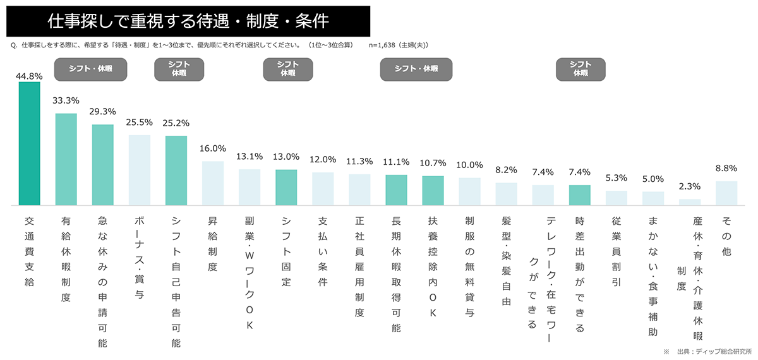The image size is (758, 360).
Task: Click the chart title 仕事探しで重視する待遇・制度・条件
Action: (x=188, y=21)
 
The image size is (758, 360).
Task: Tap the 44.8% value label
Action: (x=30, y=76)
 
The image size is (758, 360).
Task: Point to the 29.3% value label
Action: (x=103, y=111)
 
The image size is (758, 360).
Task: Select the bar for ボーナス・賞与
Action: (x=140, y=170)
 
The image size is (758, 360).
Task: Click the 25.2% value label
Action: (x=176, y=123)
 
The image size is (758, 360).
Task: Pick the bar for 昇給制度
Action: (x=213, y=183)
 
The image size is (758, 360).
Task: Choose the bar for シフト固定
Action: (x=286, y=187)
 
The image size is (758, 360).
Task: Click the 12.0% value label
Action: (x=323, y=160)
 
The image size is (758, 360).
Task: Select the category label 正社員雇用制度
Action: (x=359, y=267)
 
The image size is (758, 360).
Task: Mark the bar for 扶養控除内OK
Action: (x=433, y=190)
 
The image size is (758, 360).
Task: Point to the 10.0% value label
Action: (x=469, y=165)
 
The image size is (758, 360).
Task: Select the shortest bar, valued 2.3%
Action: (x=689, y=202)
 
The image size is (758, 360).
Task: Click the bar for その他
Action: (x=726, y=193)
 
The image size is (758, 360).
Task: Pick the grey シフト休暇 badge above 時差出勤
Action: (x=580, y=68)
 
